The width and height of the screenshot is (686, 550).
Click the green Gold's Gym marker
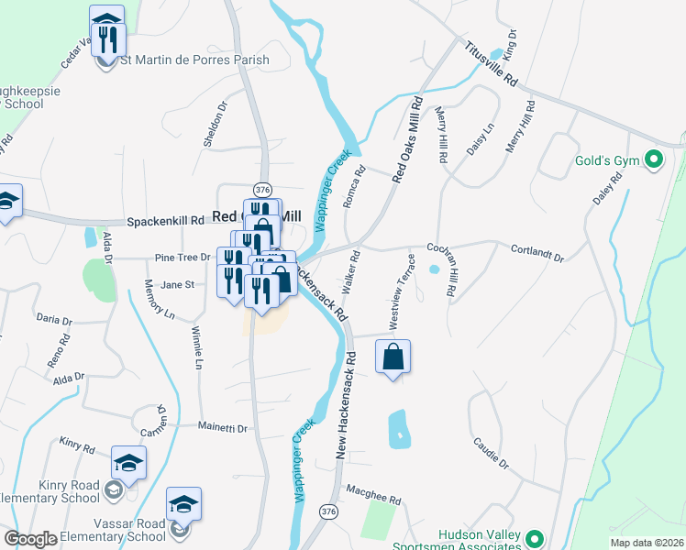click(653, 161)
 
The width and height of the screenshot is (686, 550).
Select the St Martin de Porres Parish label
click(194, 60)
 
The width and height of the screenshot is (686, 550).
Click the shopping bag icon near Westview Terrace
click(393, 357)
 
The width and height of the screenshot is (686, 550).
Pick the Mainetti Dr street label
click(224, 427)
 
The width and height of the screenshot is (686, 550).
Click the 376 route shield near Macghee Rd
click(327, 510)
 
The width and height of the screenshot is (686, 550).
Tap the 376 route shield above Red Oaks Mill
click(263, 189)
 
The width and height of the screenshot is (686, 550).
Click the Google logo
click(30, 538)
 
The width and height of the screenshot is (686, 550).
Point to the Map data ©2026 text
click(647, 543)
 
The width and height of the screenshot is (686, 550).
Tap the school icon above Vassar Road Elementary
click(183, 504)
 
